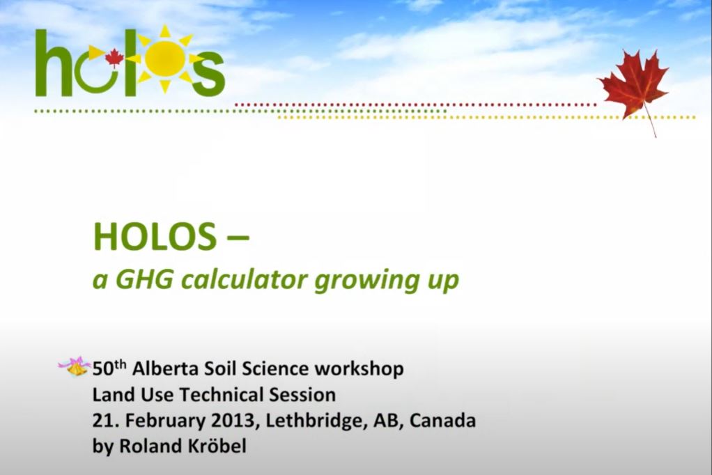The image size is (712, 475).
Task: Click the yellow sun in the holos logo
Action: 165,59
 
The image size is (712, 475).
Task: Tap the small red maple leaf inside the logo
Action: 114,58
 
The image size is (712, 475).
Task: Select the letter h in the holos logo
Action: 54,64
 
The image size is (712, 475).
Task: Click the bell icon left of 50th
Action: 76,366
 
